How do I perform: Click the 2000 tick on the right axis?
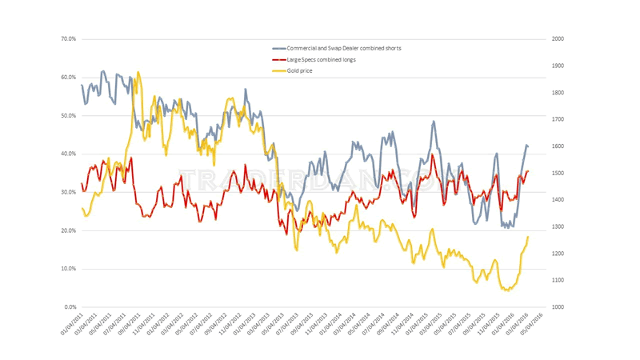coord(557,38)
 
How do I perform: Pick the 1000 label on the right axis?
coord(557,307)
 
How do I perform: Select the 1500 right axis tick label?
coord(557,173)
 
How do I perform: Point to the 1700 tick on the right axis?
coord(557,119)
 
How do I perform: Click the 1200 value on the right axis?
coord(557,254)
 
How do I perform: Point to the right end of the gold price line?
coord(528,237)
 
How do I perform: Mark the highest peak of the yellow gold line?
coord(138,72)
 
